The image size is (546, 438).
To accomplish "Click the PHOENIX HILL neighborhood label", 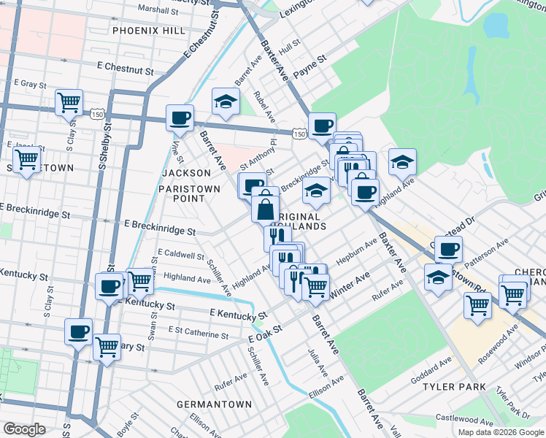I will pyautogui.click(x=149, y=31).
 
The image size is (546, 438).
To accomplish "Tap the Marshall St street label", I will pyautogui.click(x=157, y=11).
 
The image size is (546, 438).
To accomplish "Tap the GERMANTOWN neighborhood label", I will pyautogui.click(x=215, y=404).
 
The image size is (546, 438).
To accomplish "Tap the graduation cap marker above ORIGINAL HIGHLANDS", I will pyautogui.click(x=316, y=191).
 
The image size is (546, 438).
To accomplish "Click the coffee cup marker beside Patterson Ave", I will pyautogui.click(x=448, y=250).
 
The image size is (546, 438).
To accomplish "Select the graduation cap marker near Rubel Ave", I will pyautogui.click(x=226, y=102).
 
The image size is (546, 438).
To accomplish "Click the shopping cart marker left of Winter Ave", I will pyautogui.click(x=315, y=286).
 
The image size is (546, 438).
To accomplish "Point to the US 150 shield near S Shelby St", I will pyautogui.click(x=96, y=115).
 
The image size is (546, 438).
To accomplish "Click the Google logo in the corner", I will pyautogui.click(x=24, y=429).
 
